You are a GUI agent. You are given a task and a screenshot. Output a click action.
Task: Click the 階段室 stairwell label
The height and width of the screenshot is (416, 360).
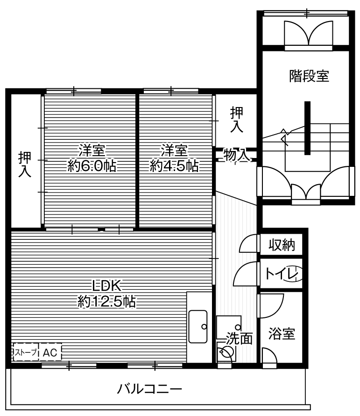[x=309, y=76]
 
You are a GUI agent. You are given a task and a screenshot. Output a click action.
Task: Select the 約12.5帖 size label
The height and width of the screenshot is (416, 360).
[x=106, y=302]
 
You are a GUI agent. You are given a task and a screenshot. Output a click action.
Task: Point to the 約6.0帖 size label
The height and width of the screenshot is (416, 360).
[x=92, y=166]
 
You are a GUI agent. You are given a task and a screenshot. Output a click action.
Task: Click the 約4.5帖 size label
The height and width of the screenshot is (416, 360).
[x=174, y=166]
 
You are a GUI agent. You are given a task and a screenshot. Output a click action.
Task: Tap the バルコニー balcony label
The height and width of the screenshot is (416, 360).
[x=149, y=388]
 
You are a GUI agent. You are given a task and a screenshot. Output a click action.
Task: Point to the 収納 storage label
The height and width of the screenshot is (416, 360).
[x=282, y=245]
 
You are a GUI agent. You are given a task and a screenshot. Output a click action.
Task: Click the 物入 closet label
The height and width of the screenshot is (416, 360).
[x=236, y=155]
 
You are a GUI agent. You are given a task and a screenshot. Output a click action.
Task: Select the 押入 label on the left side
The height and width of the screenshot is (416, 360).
[x=24, y=165]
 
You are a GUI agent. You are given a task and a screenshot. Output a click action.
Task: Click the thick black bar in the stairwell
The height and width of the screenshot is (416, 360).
[x=307, y=128]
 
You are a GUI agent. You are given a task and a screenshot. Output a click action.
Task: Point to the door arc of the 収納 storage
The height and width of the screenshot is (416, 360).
[x=247, y=243]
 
